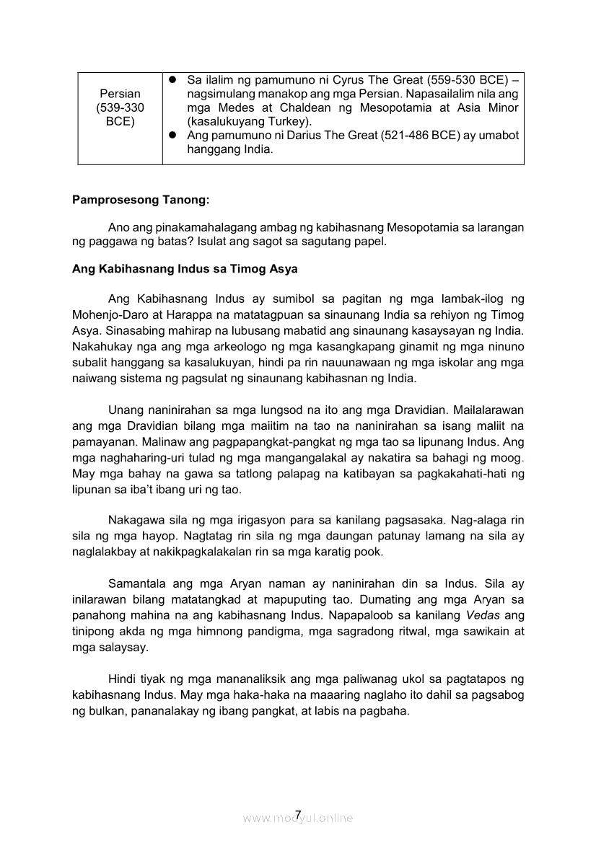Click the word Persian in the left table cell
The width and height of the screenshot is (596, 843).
(120, 94)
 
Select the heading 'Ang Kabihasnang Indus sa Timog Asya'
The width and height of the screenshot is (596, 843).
(185, 269)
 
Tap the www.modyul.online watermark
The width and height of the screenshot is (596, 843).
(298, 818)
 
